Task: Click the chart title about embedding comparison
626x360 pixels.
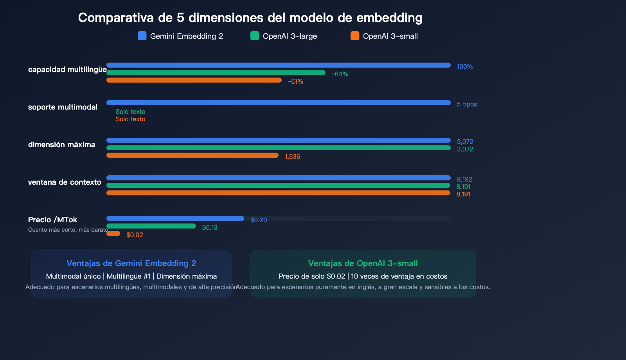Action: [x=250, y=18]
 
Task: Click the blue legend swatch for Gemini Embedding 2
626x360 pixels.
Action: [x=142, y=36]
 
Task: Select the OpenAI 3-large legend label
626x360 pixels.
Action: [x=290, y=36]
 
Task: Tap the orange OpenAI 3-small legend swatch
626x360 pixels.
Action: [x=355, y=36]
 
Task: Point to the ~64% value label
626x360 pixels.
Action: [x=340, y=74]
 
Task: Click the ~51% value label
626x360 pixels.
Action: [x=295, y=81]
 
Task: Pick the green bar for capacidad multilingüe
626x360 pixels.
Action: [x=216, y=73]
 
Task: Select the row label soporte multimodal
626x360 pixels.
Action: [x=63, y=107]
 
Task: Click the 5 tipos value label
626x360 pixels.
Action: [x=467, y=104]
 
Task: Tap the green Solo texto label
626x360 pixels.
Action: [x=130, y=112]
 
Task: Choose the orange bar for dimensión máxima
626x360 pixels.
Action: [x=192, y=155]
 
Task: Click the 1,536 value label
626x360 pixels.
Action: [x=292, y=157]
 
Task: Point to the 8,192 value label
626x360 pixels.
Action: [x=464, y=179]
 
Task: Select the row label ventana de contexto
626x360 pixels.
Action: [x=65, y=182]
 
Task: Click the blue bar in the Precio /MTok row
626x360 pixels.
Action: [x=175, y=219]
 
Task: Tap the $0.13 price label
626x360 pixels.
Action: [x=210, y=227]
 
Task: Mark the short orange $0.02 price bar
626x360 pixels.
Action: [x=113, y=234]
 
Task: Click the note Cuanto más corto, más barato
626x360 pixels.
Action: [x=68, y=230]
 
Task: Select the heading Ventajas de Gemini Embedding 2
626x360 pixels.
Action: [x=131, y=263]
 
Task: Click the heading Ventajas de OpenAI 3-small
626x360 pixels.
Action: [x=363, y=263]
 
